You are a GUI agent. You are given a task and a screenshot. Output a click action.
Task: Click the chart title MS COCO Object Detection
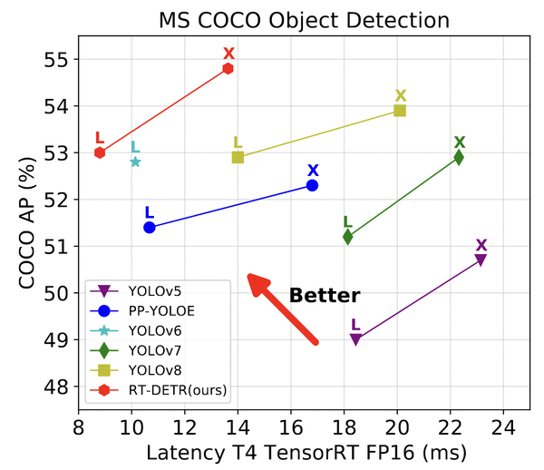(305, 19)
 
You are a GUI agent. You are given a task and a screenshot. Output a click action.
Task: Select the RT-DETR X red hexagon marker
(228, 69)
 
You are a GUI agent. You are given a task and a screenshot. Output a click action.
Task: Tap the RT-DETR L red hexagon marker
(100, 152)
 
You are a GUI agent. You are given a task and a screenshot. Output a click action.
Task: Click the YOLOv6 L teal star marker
(135, 162)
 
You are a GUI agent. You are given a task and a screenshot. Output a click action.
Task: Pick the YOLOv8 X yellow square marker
(400, 111)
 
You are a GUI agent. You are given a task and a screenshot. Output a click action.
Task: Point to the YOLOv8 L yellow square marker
(238, 157)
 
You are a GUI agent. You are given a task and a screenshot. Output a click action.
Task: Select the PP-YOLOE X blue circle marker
(312, 185)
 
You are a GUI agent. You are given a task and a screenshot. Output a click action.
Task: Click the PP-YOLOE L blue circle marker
(150, 228)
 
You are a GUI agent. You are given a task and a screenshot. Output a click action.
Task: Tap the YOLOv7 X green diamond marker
(459, 157)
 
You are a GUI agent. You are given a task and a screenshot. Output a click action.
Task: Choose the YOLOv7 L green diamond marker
(347, 237)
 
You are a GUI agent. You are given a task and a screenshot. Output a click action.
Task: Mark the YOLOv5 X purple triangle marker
(481, 260)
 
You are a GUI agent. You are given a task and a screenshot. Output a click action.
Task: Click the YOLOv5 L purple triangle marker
(355, 339)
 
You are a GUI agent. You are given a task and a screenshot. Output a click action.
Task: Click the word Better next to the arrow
(325, 296)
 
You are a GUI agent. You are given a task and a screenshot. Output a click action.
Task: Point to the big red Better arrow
(283, 308)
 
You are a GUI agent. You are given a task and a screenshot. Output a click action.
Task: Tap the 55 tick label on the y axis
(58, 60)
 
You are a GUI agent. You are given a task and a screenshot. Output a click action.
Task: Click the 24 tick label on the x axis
(503, 426)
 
